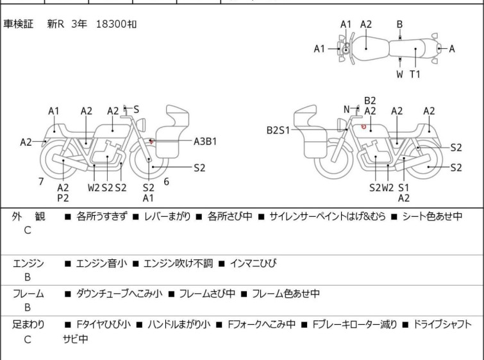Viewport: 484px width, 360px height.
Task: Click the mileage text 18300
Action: [111, 24]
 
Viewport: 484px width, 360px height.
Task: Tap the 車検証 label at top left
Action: [18, 24]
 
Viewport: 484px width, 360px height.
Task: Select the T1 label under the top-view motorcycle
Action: [415, 74]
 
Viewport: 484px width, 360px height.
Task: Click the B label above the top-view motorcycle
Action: [399, 24]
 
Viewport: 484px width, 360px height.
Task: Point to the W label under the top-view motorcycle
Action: [400, 74]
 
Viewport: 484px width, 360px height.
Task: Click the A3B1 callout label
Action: [205, 142]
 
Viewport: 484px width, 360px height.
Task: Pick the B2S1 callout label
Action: [278, 130]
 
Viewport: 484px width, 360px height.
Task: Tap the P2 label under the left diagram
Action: [63, 198]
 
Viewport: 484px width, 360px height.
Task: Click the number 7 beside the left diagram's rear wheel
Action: [41, 182]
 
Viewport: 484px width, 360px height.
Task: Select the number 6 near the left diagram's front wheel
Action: [167, 182]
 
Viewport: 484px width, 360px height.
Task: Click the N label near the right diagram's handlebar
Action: [347, 109]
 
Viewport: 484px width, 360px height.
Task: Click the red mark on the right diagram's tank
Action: [363, 126]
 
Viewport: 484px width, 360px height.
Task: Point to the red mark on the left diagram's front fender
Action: [151, 141]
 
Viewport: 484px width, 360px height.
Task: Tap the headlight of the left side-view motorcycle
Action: [142, 125]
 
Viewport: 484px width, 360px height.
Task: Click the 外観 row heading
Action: [28, 216]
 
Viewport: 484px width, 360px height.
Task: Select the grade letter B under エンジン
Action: [28, 277]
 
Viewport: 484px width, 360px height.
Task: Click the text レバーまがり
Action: [167, 216]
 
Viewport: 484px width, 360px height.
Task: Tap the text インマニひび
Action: [253, 263]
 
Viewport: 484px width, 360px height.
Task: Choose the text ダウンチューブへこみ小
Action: [119, 293]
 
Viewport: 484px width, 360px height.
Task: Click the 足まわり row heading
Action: [28, 325]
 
